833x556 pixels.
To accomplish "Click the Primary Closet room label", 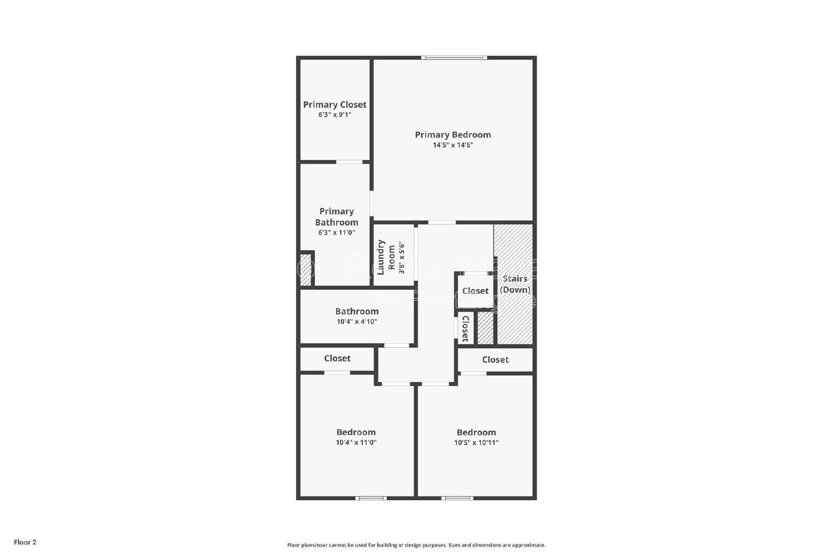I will pyautogui.click(x=335, y=105).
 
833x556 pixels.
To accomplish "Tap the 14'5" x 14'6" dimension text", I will pyautogui.click(x=453, y=145).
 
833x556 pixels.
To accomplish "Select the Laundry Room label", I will pyautogui.click(x=386, y=257).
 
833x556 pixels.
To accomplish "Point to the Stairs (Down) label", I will pyautogui.click(x=515, y=284).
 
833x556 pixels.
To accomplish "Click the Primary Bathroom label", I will pyautogui.click(x=336, y=217).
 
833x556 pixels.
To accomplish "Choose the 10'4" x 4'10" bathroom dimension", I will pyautogui.click(x=357, y=322).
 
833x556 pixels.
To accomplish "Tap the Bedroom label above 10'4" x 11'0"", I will pyautogui.click(x=356, y=432).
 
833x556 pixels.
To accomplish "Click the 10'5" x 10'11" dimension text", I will pyautogui.click(x=476, y=442).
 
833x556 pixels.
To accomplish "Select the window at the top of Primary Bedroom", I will pyautogui.click(x=454, y=57).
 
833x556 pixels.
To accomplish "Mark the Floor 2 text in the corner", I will pyautogui.click(x=25, y=542).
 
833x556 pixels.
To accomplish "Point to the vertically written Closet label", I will pyautogui.click(x=465, y=328).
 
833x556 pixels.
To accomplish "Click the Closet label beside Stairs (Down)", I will pyautogui.click(x=475, y=291).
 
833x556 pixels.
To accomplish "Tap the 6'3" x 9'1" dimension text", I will pyautogui.click(x=335, y=115).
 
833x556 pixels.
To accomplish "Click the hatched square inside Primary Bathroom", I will pyautogui.click(x=306, y=269).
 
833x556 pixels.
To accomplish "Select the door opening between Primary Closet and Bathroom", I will pyautogui.click(x=349, y=162).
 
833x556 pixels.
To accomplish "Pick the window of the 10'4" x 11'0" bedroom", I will pyautogui.click(x=371, y=498).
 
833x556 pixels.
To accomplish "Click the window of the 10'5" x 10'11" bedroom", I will pyautogui.click(x=458, y=498).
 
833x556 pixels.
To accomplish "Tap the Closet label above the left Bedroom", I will pyautogui.click(x=337, y=358).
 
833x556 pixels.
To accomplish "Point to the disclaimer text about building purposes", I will pyautogui.click(x=416, y=545).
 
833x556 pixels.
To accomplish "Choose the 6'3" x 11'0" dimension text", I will pyautogui.click(x=336, y=232).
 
